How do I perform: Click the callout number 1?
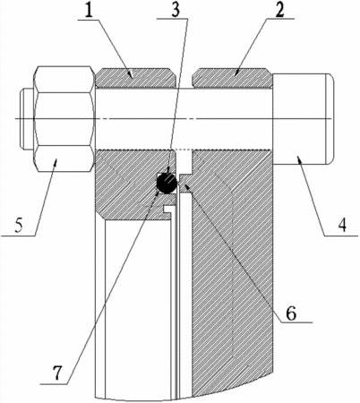pos(89,11)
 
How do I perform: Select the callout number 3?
pos(176,10)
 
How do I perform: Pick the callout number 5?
pos(19,227)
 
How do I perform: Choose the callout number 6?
pos(291,313)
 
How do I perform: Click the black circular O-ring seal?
pos(167,183)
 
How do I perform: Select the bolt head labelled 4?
pos(303,118)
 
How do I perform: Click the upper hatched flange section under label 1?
pos(135,78)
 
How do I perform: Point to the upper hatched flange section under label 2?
pos(232,78)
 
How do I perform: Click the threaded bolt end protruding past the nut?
pos(28,119)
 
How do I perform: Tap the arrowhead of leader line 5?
pos(56,161)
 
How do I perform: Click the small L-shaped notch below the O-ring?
pos(168,210)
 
